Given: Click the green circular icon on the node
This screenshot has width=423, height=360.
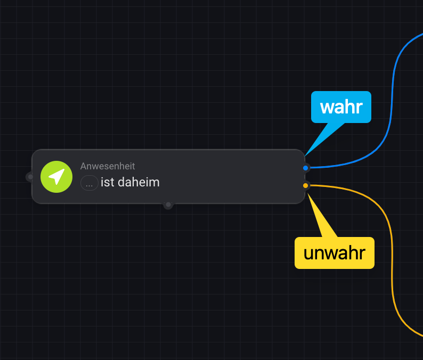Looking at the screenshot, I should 56,177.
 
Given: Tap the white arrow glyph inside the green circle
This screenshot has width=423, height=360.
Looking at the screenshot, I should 56,176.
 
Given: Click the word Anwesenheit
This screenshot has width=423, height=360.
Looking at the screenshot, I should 108,166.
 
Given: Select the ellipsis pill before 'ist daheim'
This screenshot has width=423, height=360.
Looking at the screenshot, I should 89,183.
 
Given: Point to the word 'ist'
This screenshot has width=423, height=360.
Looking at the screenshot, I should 107,182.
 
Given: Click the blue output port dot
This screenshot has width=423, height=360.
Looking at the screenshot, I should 305,168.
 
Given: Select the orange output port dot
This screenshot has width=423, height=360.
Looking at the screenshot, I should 305,185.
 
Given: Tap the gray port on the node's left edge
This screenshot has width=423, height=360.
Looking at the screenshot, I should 30,177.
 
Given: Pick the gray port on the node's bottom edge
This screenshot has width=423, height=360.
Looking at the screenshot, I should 168,204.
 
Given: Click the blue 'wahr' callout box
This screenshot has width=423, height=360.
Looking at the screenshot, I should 341,107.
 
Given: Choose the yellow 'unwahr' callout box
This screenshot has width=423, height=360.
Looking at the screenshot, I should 335,252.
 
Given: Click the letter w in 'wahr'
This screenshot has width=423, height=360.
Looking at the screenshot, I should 326,107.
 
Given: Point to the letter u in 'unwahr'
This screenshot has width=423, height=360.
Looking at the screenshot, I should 308,253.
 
